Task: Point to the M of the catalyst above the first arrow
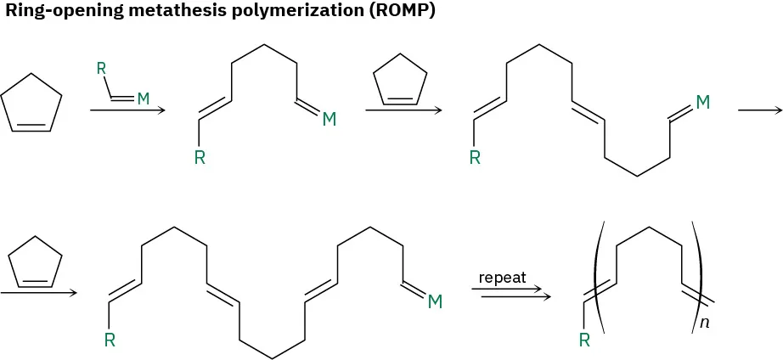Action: (143, 99)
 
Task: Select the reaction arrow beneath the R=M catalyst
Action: (124, 110)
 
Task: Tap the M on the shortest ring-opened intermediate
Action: (329, 121)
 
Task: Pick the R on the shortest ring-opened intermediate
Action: (200, 159)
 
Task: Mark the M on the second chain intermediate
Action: (703, 103)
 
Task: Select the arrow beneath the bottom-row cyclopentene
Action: (38, 293)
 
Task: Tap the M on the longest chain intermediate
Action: (435, 301)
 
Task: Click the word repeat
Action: (503, 278)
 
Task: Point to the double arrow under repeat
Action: (508, 293)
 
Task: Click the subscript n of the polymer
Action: (705, 323)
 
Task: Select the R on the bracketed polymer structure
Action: (584, 340)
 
